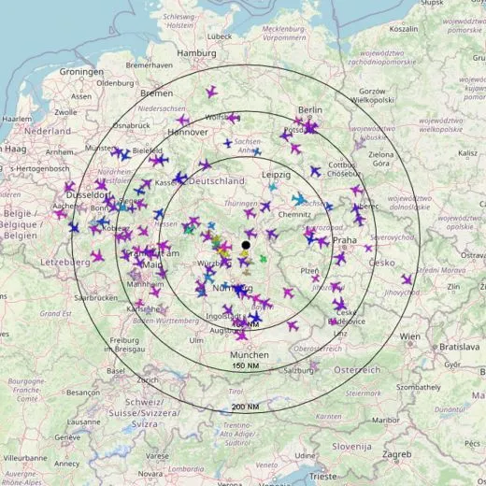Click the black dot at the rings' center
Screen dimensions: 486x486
(x=246, y=245)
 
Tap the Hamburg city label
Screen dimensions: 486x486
(x=196, y=53)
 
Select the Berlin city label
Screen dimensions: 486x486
(x=308, y=109)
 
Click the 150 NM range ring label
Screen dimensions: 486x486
(x=245, y=365)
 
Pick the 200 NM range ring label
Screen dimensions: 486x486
(x=245, y=407)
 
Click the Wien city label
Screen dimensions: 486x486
(x=408, y=335)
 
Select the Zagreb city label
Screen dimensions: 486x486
(x=397, y=454)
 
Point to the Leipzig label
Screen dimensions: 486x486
(x=277, y=175)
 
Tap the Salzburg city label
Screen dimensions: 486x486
(x=299, y=370)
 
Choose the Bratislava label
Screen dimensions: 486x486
(x=460, y=347)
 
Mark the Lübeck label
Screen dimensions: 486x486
(x=219, y=36)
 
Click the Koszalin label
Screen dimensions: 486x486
(x=404, y=28)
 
